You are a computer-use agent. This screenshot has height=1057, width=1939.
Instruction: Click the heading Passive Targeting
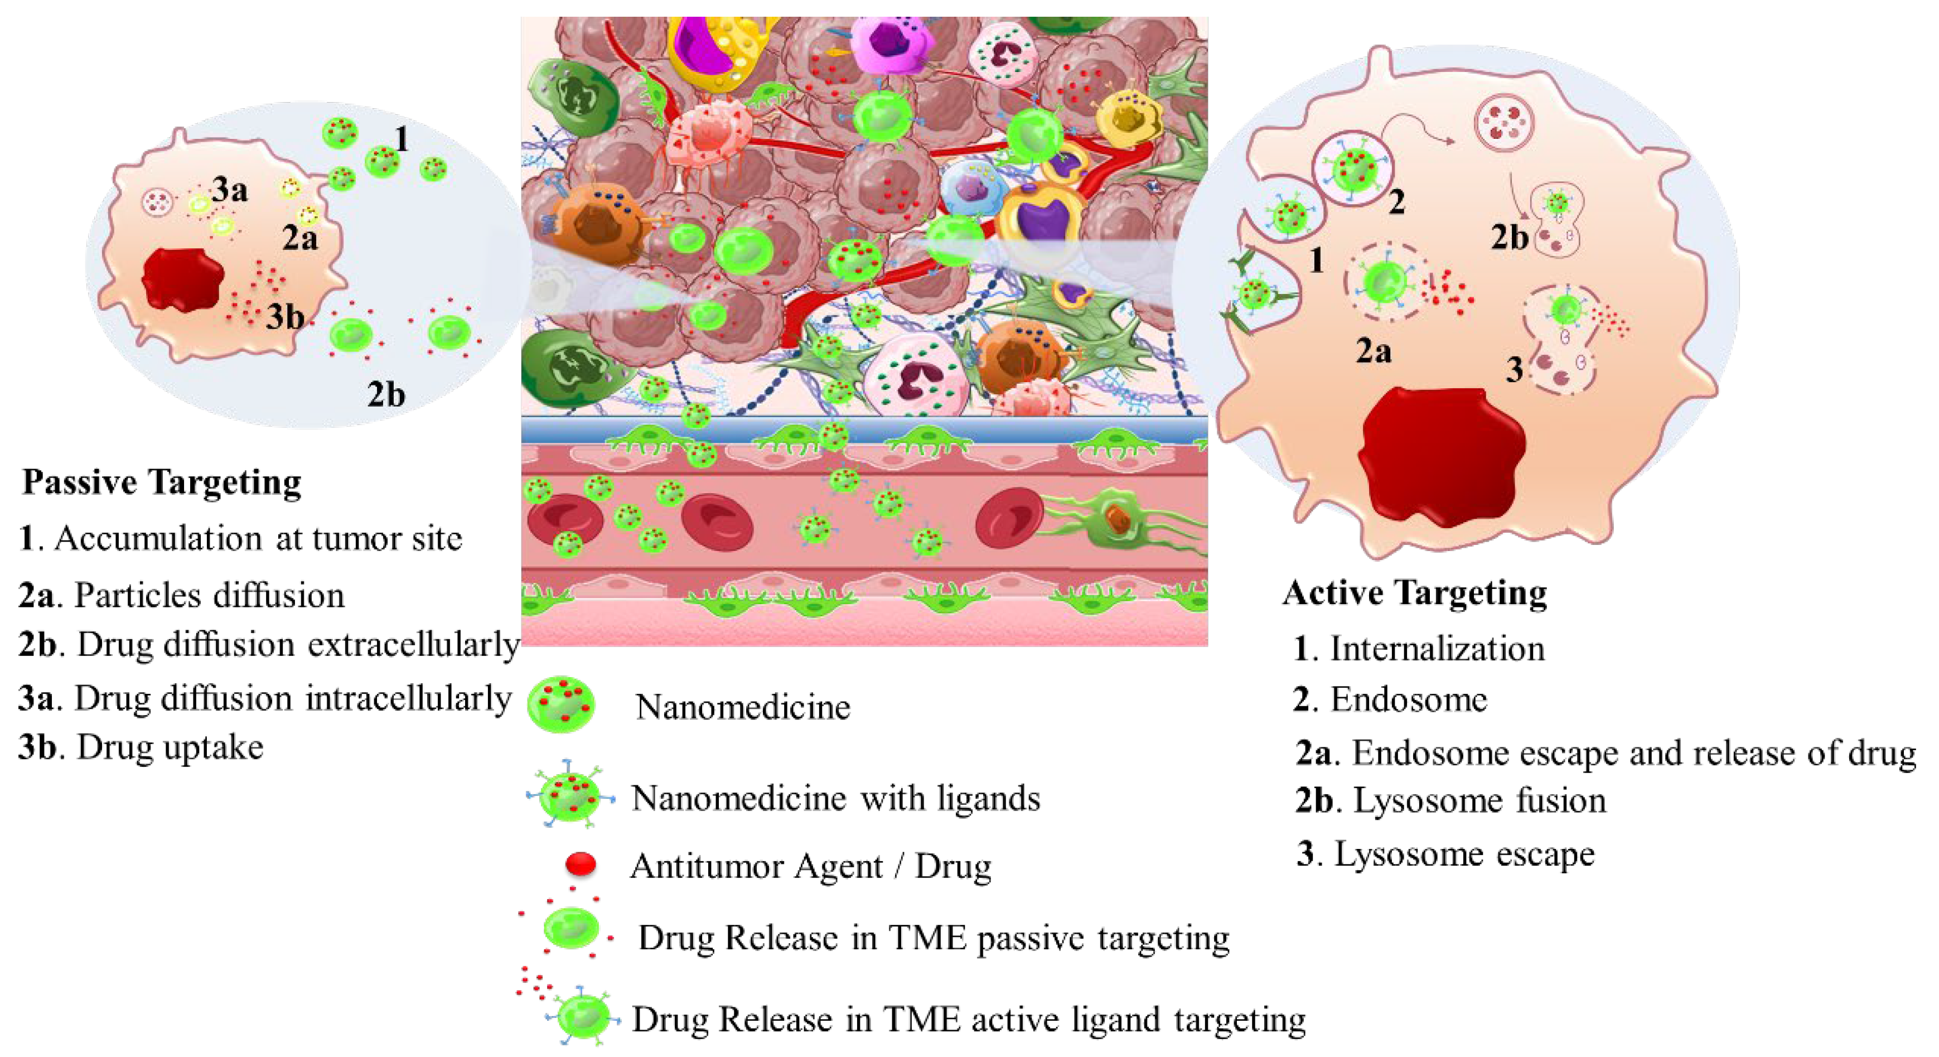point(162,482)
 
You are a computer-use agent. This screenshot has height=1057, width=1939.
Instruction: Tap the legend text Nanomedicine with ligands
point(835,798)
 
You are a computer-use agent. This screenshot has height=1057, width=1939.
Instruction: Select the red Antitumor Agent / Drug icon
point(581,863)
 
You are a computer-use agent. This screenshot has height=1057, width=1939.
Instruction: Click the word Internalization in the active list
point(1437,648)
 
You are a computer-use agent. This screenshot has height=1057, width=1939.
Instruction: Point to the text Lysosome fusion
point(1479,800)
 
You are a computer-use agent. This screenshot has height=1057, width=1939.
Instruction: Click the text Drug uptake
point(170,747)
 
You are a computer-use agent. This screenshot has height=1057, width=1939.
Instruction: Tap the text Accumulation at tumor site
point(258,539)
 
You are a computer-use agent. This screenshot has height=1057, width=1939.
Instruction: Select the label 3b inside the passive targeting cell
point(284,317)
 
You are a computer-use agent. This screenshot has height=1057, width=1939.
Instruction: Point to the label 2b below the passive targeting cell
point(386,394)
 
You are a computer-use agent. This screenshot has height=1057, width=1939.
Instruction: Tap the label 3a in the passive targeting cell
point(230,190)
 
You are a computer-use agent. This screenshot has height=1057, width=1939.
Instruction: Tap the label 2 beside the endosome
point(1396,202)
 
